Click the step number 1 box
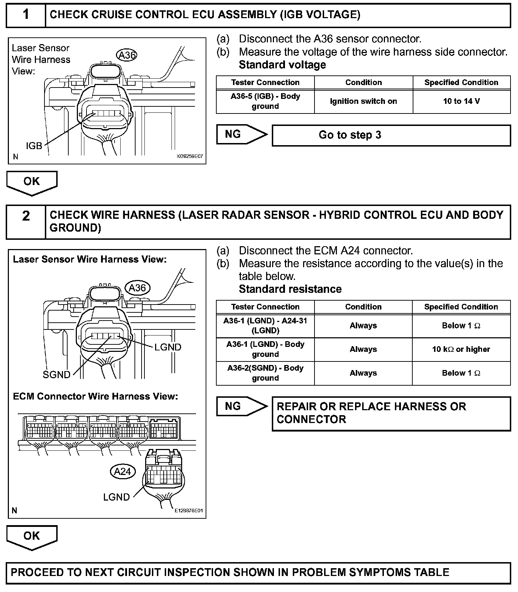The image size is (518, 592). click(26, 15)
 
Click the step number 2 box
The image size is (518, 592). click(26, 221)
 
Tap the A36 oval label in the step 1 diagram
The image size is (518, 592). click(127, 55)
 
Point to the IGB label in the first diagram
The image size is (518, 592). click(34, 146)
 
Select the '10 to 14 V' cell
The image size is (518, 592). click(461, 101)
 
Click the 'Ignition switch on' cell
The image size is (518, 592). click(363, 101)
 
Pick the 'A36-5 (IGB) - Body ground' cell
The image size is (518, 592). click(265, 101)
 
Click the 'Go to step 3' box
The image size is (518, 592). click(391, 135)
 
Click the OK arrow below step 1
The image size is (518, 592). click(32, 182)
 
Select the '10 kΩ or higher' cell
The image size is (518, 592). click(461, 349)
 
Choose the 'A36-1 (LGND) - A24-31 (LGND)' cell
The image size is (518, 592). click(265, 326)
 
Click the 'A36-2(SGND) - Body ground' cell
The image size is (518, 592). click(265, 373)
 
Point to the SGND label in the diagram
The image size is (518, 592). click(57, 375)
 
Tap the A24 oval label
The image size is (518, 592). click(123, 471)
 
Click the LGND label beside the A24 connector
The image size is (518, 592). click(116, 497)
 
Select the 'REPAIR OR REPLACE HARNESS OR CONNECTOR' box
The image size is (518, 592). click(391, 413)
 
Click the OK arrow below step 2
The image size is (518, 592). click(32, 537)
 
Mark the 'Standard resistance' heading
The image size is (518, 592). click(290, 289)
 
